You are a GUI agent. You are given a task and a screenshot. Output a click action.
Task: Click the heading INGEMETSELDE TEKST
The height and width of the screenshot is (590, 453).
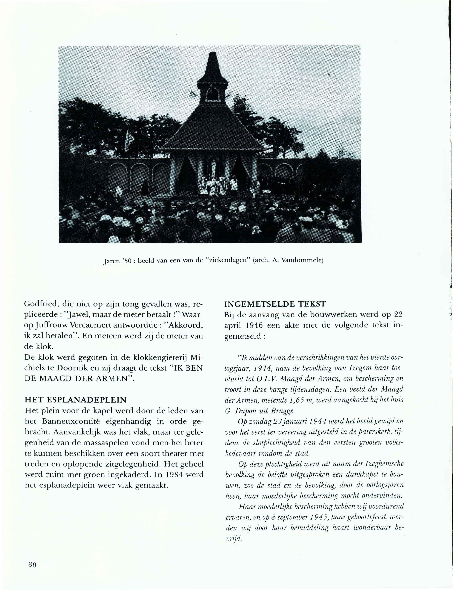click(x=275, y=304)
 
